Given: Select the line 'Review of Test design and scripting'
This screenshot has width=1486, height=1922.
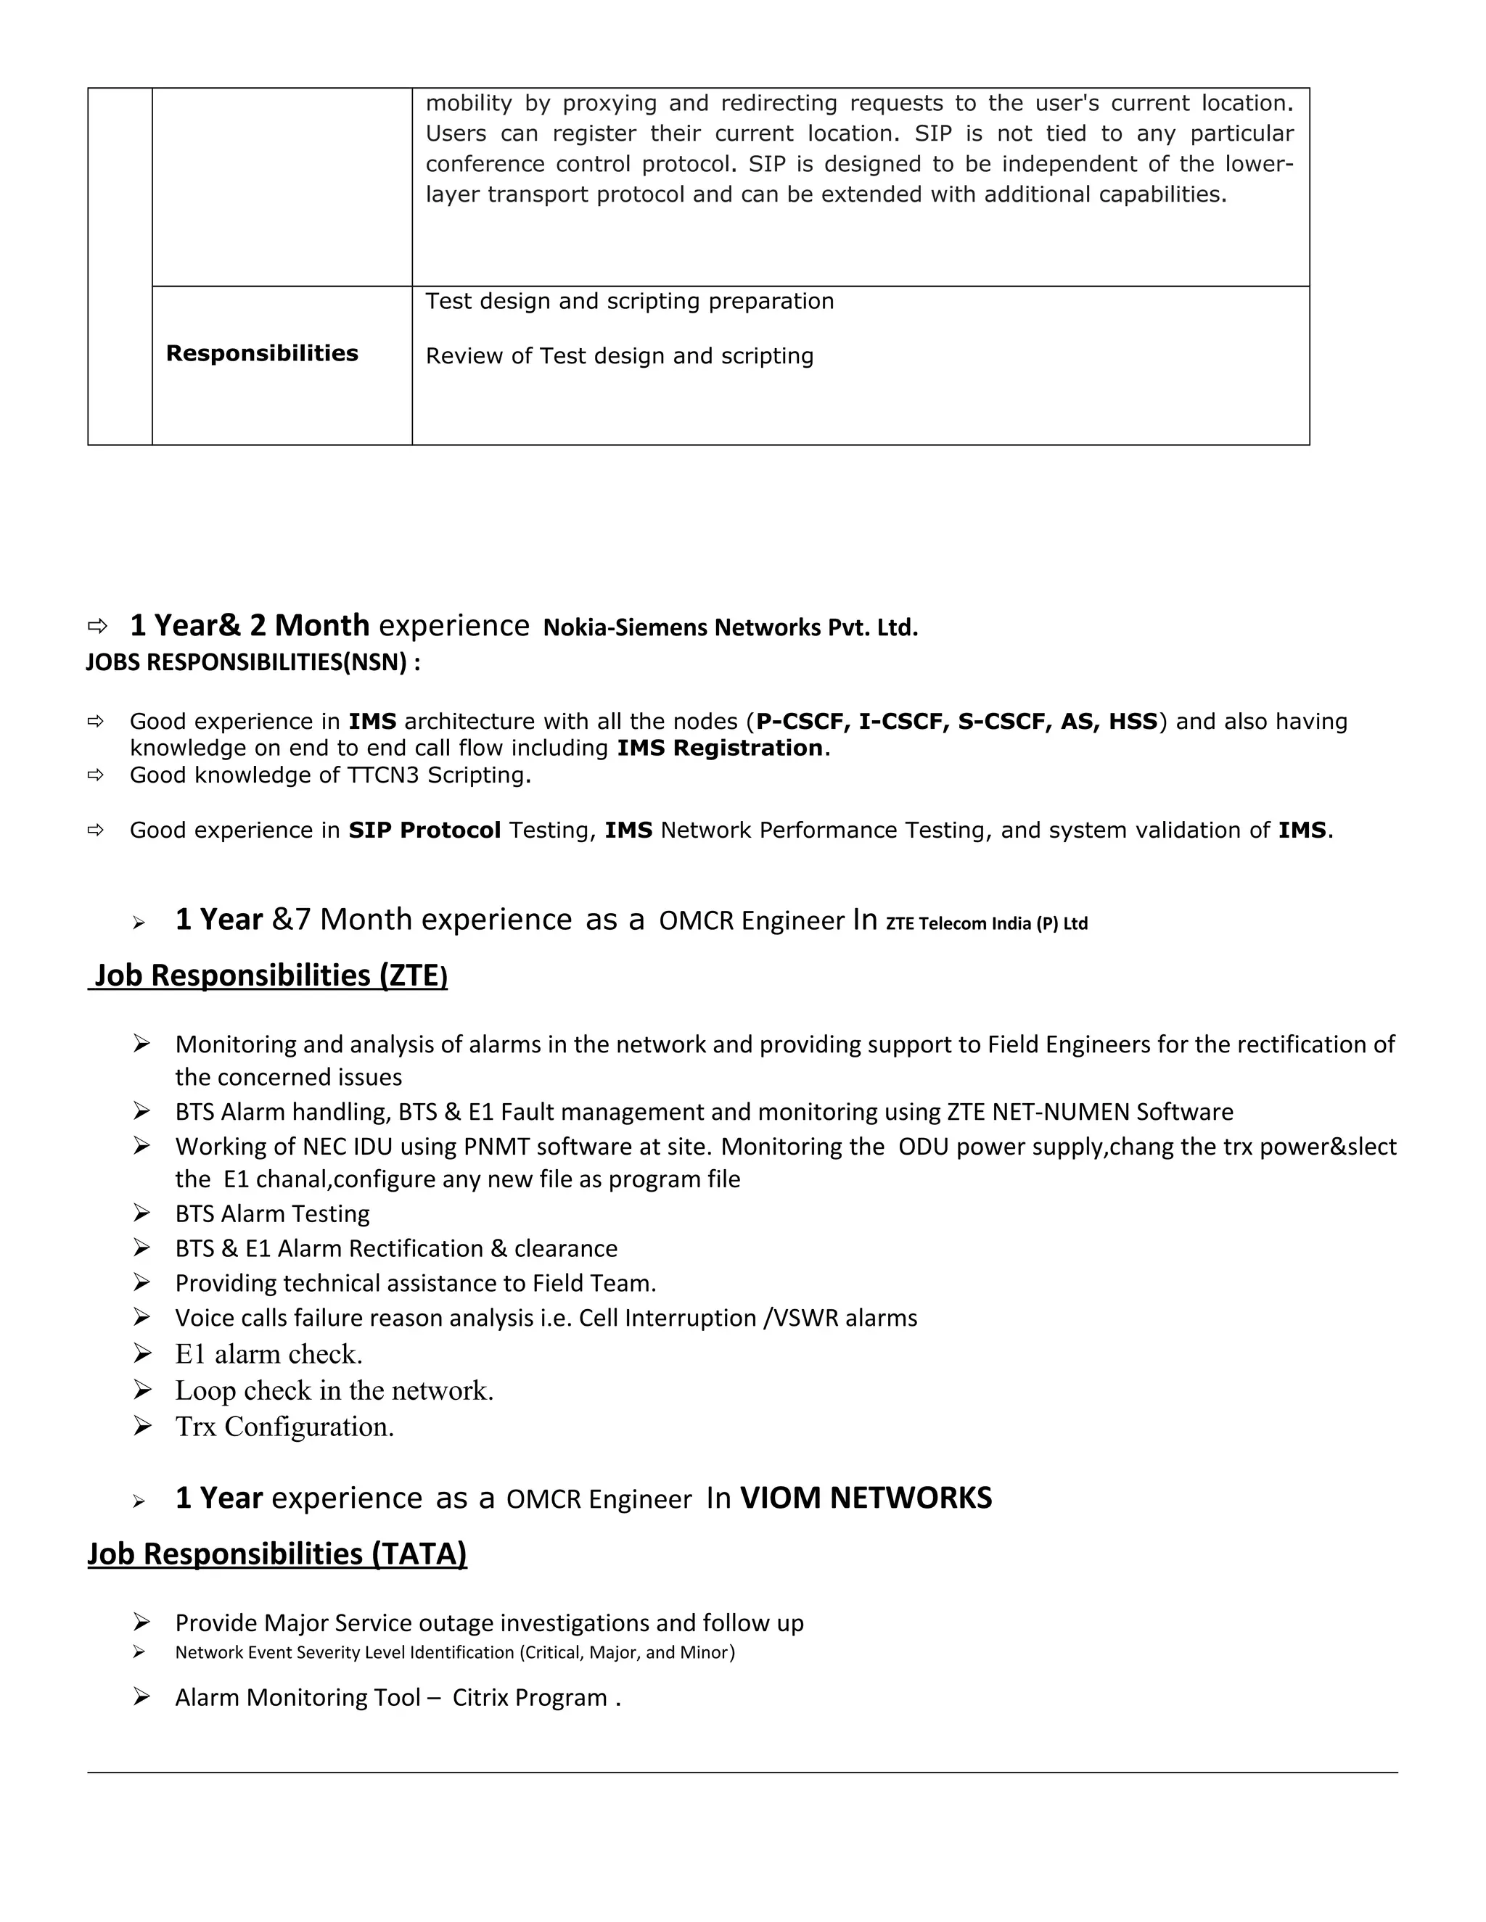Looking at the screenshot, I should (619, 356).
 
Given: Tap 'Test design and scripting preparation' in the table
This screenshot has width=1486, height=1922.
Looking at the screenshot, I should (629, 302).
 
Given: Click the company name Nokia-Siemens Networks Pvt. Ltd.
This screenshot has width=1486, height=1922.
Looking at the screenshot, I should (730, 628).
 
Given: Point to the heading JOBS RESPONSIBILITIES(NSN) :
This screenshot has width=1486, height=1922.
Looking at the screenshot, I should (253, 663).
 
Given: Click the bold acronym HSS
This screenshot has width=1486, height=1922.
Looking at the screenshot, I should (1132, 722).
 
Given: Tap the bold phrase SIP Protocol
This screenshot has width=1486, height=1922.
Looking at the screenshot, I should (424, 830).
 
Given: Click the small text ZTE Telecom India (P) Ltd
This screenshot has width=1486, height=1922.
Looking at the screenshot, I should (986, 924).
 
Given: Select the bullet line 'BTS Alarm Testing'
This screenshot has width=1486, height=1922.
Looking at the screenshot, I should (272, 1213).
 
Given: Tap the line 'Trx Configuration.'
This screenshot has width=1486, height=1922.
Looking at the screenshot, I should (284, 1427).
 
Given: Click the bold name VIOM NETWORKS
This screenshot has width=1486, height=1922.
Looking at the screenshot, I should (866, 1498).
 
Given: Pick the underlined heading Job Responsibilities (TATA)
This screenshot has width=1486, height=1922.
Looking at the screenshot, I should (276, 1554).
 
